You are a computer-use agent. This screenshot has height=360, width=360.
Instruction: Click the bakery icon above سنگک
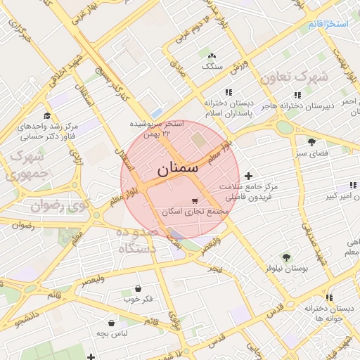point(212,56)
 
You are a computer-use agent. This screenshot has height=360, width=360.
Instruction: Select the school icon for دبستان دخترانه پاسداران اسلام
point(229,92)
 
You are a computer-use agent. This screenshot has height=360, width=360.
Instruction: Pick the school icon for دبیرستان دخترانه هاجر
point(297,95)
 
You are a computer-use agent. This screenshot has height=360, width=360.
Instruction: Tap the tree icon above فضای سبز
point(311,141)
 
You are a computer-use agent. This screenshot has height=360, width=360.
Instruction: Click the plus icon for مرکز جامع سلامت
point(247,176)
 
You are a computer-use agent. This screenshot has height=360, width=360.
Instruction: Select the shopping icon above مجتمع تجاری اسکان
point(195,200)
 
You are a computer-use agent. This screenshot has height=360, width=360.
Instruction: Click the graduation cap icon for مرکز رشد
point(47,116)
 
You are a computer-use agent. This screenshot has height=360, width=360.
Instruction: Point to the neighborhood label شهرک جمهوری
point(27,165)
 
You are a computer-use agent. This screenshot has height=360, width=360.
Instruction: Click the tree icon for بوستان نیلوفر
point(285,257)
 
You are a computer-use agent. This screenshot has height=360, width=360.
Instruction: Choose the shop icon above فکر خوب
point(138,288)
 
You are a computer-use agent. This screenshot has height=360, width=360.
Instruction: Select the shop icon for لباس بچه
point(112,323)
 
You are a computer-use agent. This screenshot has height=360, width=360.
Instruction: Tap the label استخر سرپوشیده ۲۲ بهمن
point(156,127)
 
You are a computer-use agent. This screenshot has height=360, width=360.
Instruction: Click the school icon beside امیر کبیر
point(350,186)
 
